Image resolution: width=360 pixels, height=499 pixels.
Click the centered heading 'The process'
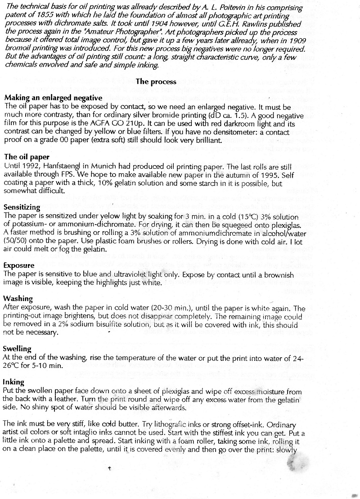point(156,82)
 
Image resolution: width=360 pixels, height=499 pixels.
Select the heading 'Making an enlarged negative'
point(53,98)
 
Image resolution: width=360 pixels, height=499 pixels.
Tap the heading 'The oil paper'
point(27,157)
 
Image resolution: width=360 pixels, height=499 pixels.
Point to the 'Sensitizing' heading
point(22,207)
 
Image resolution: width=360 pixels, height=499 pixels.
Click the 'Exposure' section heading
point(19,265)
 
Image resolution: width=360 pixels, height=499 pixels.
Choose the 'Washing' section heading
point(18,299)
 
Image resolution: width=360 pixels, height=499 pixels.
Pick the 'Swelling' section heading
point(17,349)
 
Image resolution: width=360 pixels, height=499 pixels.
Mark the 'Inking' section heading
point(13,382)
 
